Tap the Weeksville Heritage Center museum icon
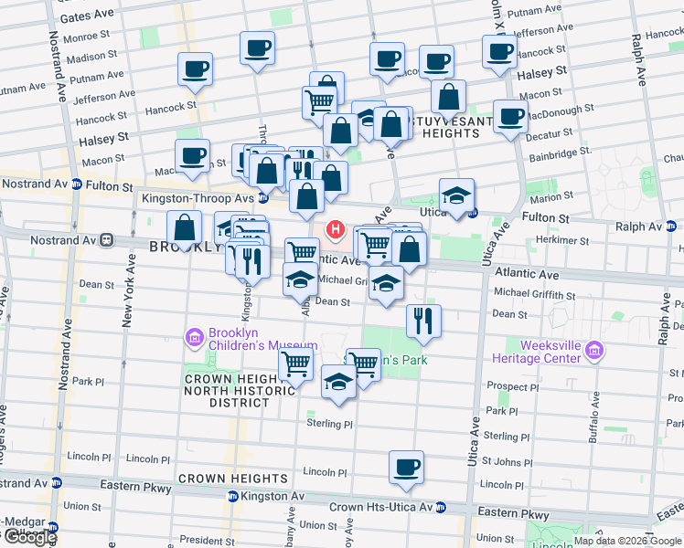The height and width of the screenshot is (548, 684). (594, 351)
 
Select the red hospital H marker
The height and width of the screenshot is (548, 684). (336, 228)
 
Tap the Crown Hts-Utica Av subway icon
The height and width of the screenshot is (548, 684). (441, 507)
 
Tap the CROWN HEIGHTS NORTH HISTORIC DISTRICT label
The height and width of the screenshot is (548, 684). (225, 391)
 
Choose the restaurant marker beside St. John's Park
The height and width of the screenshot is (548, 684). (422, 320)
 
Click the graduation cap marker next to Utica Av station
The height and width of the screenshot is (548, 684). (456, 195)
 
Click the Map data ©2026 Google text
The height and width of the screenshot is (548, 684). (626, 541)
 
